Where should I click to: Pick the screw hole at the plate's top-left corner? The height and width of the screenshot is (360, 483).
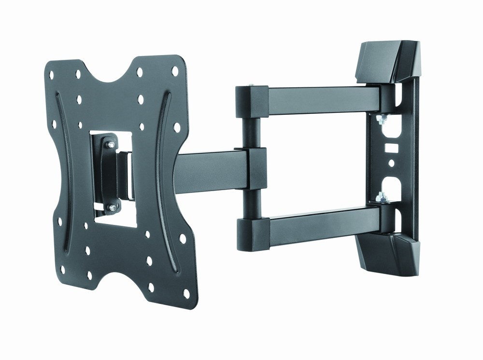point(50,75)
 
